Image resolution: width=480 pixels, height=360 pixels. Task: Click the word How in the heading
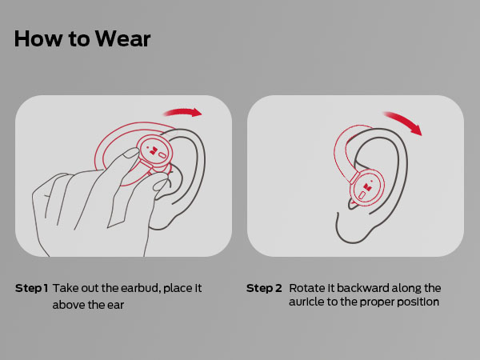tap(34, 39)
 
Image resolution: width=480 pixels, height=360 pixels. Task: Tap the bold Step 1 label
tap(32, 288)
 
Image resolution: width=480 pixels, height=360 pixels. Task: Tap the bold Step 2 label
tap(264, 288)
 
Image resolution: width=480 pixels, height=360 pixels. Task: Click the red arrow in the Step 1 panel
tap(183, 113)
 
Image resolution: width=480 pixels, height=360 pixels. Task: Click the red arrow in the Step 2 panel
tap(404, 121)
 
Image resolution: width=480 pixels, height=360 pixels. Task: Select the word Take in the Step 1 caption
tap(66, 288)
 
